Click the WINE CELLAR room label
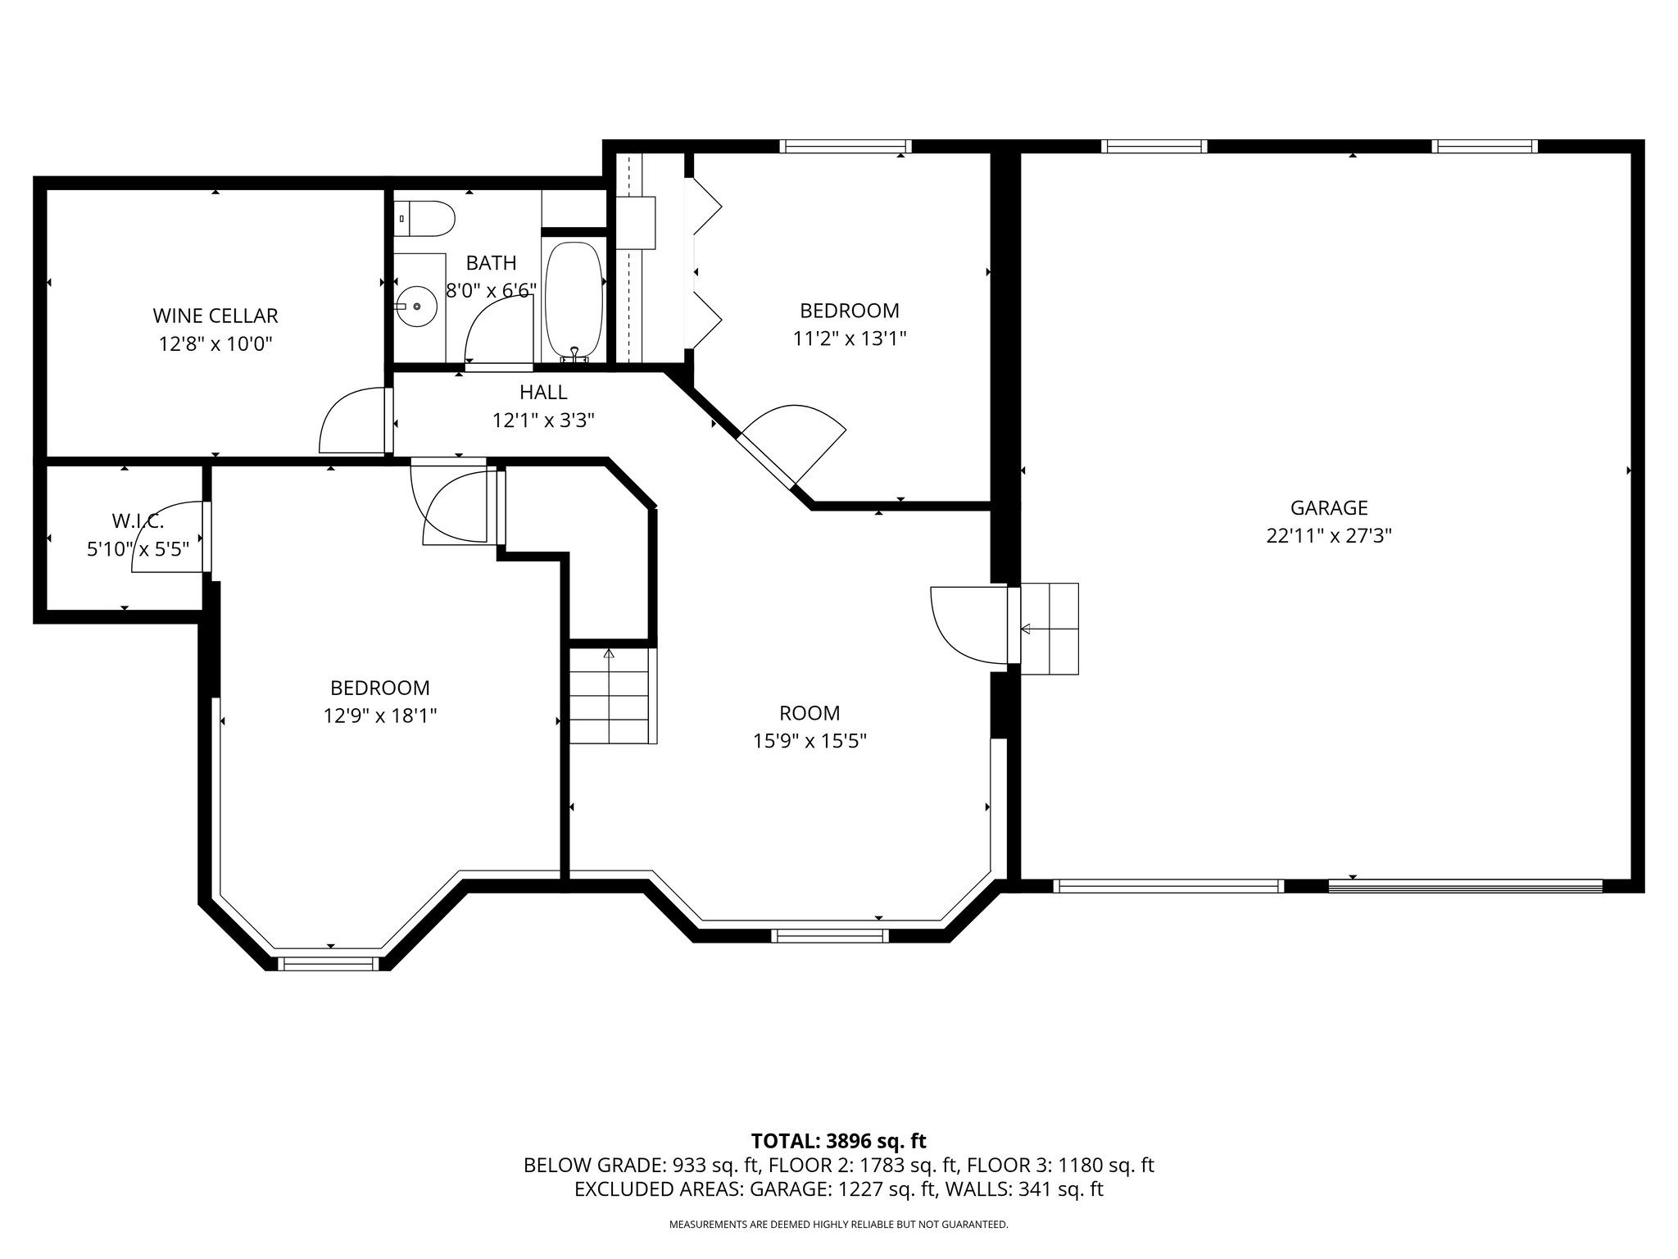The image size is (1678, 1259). (215, 316)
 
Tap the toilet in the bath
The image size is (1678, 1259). (426, 218)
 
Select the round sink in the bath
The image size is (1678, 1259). (417, 306)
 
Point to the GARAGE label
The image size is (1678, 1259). (1329, 507)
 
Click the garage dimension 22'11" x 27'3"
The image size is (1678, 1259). (1329, 536)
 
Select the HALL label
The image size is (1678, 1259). (542, 393)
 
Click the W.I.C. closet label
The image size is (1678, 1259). (138, 520)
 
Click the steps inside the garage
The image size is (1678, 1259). (1050, 629)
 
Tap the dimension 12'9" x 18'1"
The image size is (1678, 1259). (379, 716)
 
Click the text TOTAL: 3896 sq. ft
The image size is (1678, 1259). (838, 1141)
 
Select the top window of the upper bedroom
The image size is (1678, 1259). (845, 147)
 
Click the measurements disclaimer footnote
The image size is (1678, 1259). (838, 1225)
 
